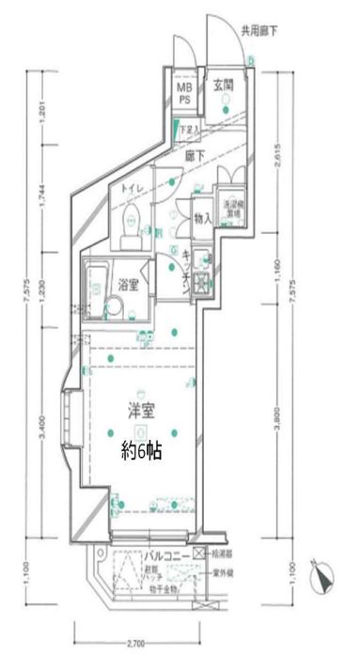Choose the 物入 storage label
pyautogui.click(x=203, y=219)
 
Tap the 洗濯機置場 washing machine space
pyautogui.click(x=231, y=209)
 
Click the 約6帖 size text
pyautogui.click(x=142, y=451)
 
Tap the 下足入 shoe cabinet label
pyautogui.click(x=191, y=130)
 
